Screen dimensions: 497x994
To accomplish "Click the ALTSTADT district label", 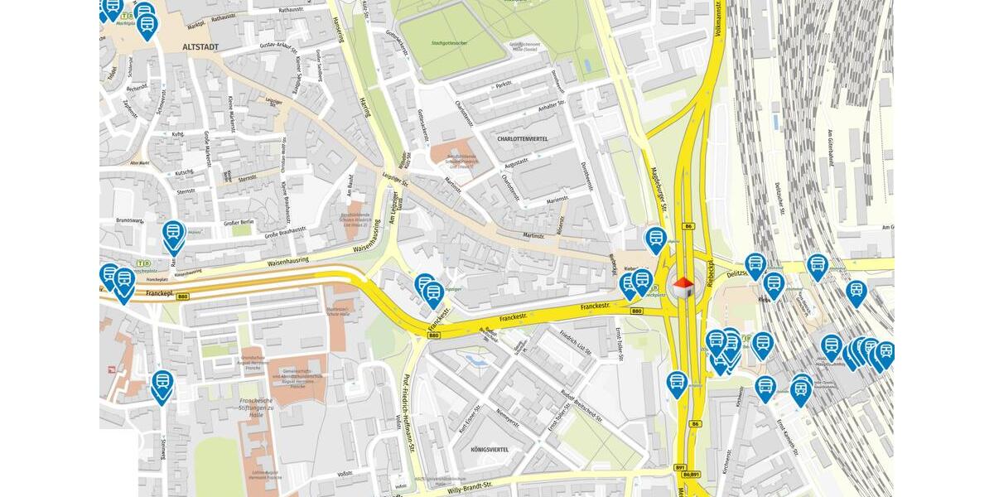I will tap(200, 47).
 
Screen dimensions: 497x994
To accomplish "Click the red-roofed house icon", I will tap(683, 287).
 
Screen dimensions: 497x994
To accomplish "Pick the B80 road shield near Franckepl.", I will tap(182, 297).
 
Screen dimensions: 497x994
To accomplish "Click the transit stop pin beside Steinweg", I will tap(162, 384).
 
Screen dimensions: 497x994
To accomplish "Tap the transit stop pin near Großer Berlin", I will tap(173, 235).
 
